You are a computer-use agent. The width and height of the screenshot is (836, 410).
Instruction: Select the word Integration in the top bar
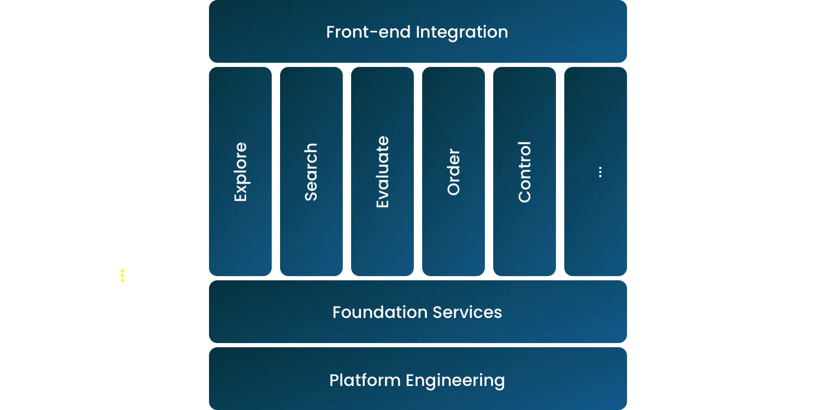(462, 32)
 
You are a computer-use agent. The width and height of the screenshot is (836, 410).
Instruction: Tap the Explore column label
(240, 172)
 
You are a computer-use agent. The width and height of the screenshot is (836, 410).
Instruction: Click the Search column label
(311, 172)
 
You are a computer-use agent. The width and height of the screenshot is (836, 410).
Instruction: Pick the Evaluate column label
(382, 172)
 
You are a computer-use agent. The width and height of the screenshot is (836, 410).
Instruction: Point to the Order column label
(454, 172)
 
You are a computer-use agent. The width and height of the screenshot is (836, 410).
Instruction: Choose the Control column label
(524, 172)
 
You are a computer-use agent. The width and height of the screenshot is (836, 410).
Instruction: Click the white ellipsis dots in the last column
(600, 172)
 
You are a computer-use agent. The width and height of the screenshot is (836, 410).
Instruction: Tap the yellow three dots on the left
(122, 276)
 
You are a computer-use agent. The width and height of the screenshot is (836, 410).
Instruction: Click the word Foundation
(380, 312)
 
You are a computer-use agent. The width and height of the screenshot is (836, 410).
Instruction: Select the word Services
(467, 312)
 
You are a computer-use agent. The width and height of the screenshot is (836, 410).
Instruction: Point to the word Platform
(365, 380)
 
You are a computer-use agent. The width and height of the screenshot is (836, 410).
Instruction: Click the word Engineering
(455, 381)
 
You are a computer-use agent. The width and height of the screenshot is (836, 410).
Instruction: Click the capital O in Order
(454, 189)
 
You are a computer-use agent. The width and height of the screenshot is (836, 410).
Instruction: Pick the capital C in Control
(524, 196)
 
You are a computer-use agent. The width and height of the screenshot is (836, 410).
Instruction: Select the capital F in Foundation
(337, 312)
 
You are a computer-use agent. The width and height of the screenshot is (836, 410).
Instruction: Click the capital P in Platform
(334, 380)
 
